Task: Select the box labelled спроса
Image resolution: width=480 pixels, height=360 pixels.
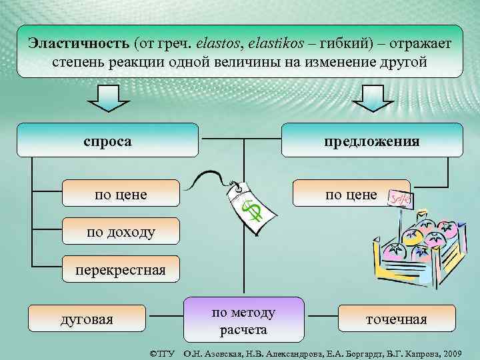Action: coord(107,141)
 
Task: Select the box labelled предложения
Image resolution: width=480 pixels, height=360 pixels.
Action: coord(372,141)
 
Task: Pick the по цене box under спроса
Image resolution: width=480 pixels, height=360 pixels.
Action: coord(121,194)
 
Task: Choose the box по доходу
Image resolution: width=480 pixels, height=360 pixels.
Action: coord(121,232)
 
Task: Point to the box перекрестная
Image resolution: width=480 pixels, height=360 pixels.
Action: coord(121,270)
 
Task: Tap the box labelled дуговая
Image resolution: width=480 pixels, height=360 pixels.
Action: coord(87,319)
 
